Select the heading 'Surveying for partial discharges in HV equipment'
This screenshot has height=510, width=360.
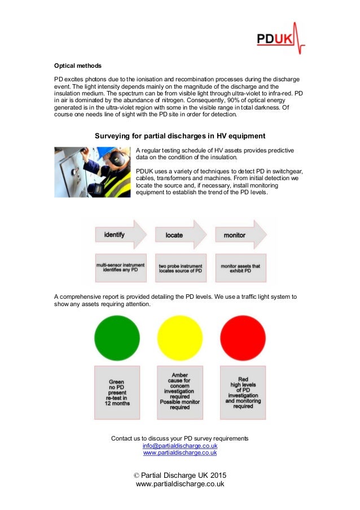(x=179, y=136)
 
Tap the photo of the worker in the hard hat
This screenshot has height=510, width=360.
(x=93, y=172)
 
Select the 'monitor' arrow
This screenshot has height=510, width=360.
(x=238, y=234)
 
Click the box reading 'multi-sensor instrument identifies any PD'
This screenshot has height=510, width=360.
(x=120, y=267)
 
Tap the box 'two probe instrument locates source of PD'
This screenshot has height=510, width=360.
(x=180, y=267)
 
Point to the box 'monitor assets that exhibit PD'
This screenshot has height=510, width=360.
(x=240, y=267)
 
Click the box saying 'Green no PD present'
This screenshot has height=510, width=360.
(x=117, y=393)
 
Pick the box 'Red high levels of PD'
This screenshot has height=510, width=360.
(x=243, y=393)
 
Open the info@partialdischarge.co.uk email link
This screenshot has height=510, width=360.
(x=180, y=446)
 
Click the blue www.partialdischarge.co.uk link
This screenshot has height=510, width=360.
(x=180, y=452)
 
